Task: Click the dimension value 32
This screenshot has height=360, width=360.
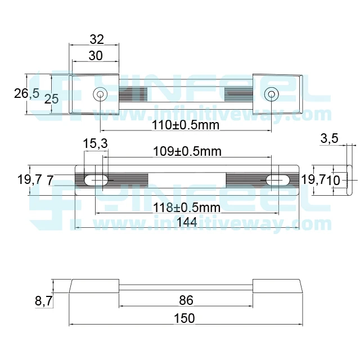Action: click(x=97, y=39)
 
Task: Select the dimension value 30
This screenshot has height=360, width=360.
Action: click(x=96, y=55)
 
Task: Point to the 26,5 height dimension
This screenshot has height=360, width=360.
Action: click(x=26, y=93)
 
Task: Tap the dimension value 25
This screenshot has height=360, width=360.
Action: click(x=52, y=99)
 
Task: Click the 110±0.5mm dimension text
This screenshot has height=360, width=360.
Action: click(x=185, y=124)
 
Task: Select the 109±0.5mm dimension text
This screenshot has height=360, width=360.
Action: click(x=187, y=151)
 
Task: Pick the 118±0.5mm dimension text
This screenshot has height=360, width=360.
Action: click(x=187, y=208)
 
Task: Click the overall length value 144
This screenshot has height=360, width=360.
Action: click(x=186, y=222)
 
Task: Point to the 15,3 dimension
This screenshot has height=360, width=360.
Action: click(x=95, y=144)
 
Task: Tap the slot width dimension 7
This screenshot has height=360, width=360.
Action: click(x=50, y=181)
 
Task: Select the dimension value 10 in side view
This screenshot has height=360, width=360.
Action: click(x=333, y=180)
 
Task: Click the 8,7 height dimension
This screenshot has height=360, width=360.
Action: click(x=43, y=301)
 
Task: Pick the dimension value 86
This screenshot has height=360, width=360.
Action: click(x=186, y=300)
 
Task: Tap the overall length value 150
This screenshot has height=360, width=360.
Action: click(x=184, y=318)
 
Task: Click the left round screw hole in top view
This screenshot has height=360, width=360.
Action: click(x=100, y=94)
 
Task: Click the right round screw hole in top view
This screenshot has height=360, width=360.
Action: click(x=271, y=94)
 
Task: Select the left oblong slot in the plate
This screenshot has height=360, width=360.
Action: click(x=97, y=180)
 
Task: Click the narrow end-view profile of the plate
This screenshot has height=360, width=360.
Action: click(x=349, y=180)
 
